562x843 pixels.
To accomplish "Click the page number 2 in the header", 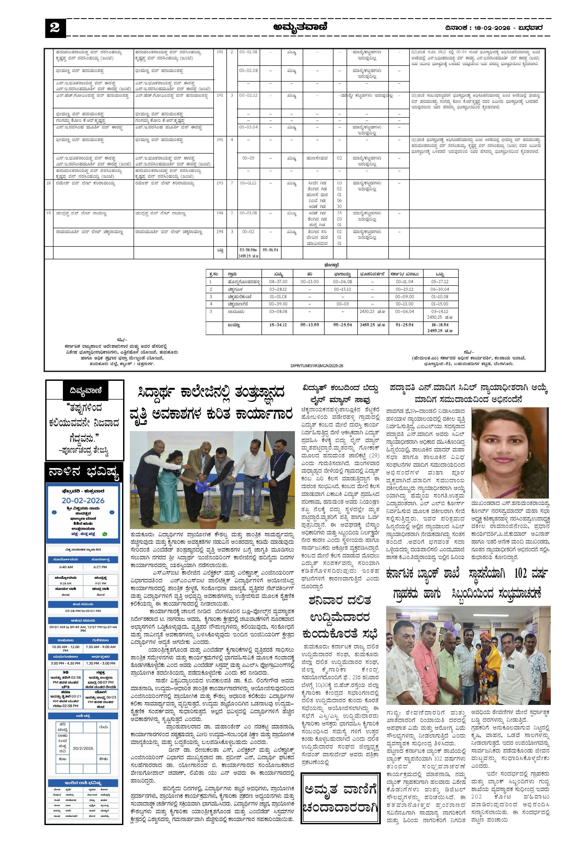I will click(55, 28).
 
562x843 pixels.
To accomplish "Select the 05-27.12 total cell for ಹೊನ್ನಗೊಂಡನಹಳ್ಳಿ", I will click(440, 282).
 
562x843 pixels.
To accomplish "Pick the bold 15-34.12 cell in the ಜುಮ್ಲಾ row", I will click(278, 325).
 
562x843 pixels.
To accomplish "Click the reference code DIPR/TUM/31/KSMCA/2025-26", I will click(317, 366).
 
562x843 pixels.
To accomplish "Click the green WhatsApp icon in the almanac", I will click(105, 534).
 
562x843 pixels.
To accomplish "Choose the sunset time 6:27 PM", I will click(100, 567).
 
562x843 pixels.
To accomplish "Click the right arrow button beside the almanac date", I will click(112, 512).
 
